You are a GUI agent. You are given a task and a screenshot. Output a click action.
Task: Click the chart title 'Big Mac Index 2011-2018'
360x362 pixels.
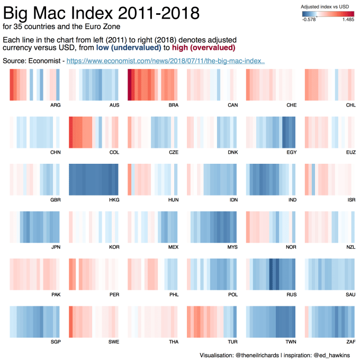pyautogui.click(x=102, y=12)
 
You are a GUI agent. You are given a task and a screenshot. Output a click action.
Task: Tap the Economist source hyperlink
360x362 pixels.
pyautogui.click(x=165, y=61)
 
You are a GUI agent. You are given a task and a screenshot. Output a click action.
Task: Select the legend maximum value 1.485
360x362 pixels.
pyautogui.click(x=348, y=20)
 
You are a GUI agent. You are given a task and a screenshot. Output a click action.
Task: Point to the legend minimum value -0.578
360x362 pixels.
pyautogui.click(x=309, y=20)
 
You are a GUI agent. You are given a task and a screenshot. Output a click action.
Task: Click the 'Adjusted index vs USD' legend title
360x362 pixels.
pyautogui.click(x=325, y=6)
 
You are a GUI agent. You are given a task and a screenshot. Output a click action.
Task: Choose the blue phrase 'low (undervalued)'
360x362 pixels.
pyautogui.click(x=129, y=48)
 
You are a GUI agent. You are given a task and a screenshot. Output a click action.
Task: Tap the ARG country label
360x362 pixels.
pyautogui.click(x=56, y=105)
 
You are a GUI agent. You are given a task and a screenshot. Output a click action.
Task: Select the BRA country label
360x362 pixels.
pyautogui.click(x=173, y=105)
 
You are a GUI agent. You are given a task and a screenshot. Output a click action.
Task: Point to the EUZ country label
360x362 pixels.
pyautogui.click(x=350, y=153)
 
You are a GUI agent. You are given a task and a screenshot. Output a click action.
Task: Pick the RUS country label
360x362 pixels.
pyautogui.click(x=291, y=294)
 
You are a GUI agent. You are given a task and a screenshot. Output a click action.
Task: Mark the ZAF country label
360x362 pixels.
pyautogui.click(x=350, y=342)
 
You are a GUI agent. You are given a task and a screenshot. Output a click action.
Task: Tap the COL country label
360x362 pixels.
pyautogui.click(x=114, y=153)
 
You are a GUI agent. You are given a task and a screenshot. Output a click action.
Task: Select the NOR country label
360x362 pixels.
pyautogui.click(x=291, y=247)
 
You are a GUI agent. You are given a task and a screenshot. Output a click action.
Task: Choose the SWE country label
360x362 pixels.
pyautogui.click(x=114, y=342)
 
